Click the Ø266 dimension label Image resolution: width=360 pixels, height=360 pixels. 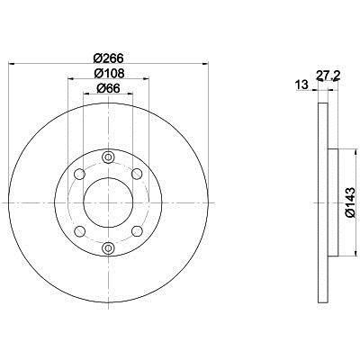coord(108,58)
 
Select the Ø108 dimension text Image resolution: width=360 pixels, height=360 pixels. coord(109,73)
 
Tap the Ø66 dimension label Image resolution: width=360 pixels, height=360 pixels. coord(108,88)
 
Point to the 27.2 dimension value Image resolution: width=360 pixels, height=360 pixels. coord(328,76)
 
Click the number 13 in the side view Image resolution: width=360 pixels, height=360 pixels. coord(301,85)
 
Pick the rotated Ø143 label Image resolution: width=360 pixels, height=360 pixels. coord(350,202)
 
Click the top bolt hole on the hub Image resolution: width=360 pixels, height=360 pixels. coord(108,157)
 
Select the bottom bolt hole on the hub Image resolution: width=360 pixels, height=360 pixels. coord(108,247)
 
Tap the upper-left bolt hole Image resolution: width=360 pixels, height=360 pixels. coord(79,174)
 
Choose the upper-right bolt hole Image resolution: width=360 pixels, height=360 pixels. coord(137,174)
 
